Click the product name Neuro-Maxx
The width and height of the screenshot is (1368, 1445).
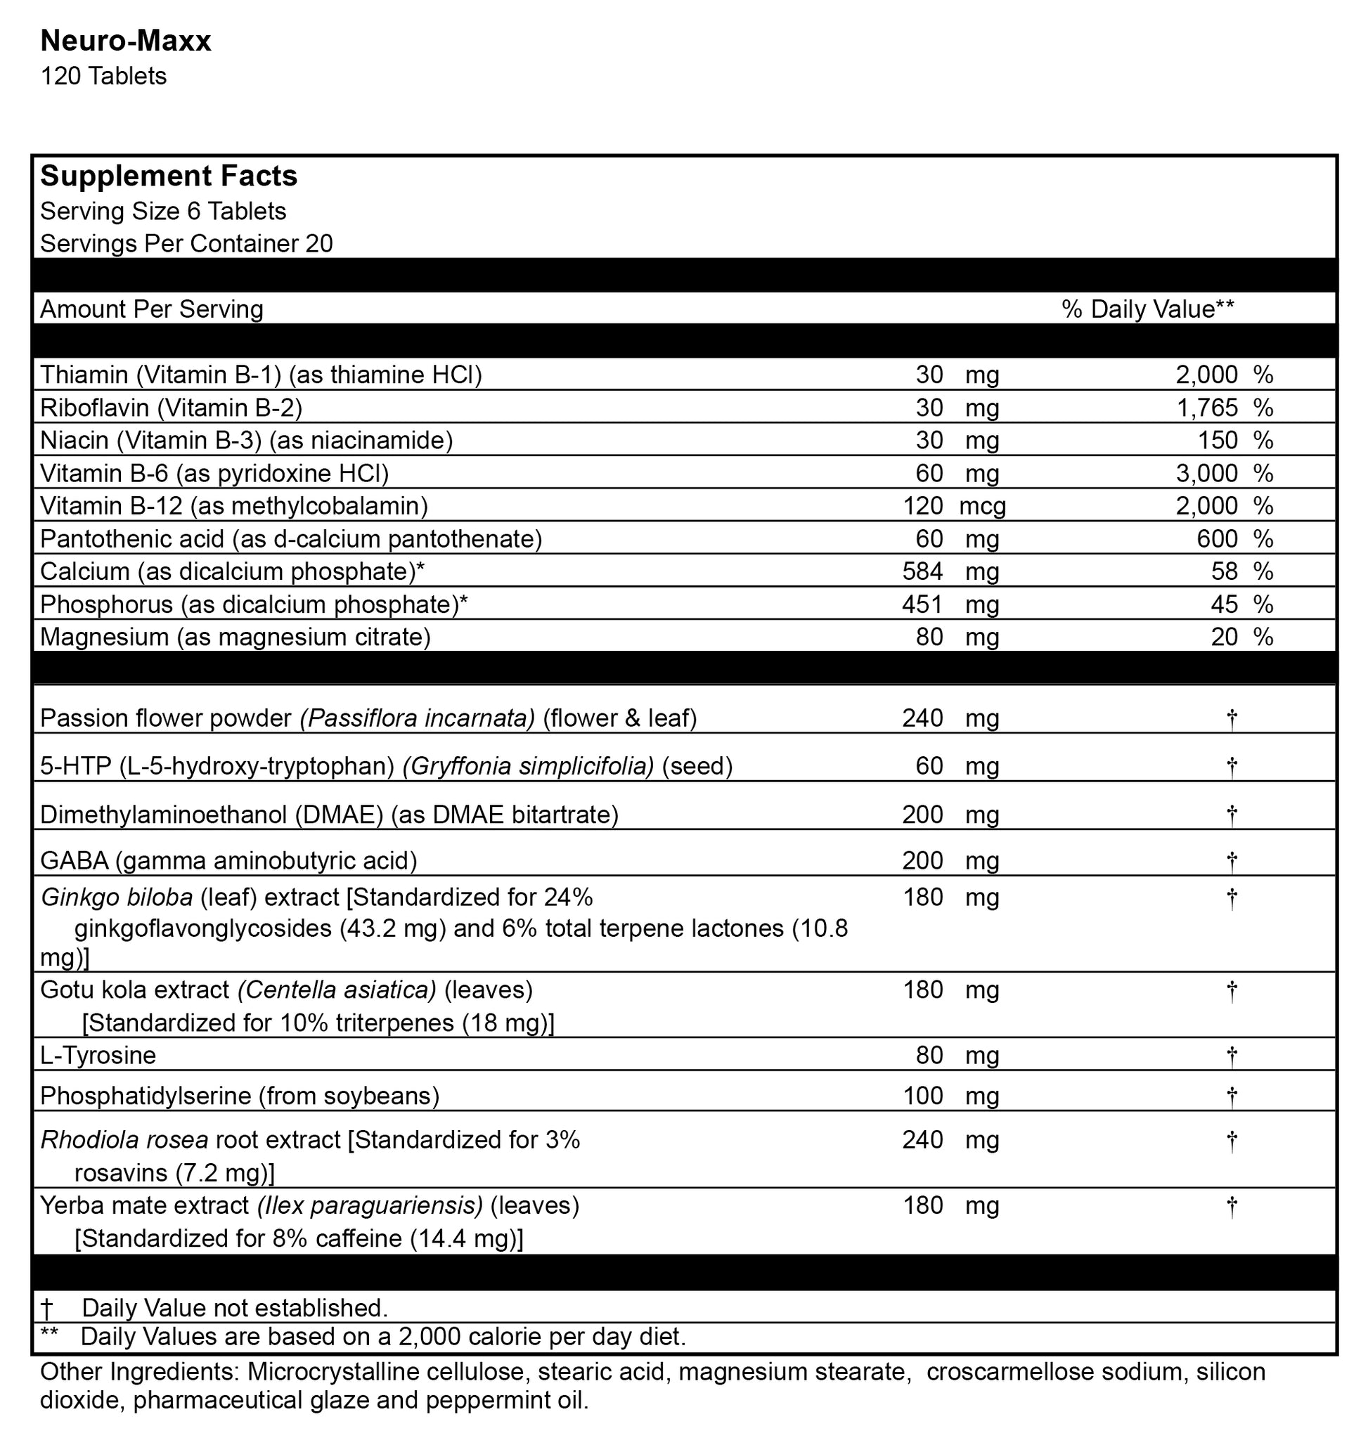(125, 41)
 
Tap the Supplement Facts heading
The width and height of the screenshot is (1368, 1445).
(169, 176)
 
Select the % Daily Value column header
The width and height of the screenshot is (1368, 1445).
(1148, 309)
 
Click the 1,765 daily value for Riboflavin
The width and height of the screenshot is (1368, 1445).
(1206, 408)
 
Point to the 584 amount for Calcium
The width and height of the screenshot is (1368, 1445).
(922, 571)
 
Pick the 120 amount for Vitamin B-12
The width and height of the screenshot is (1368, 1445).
(922, 505)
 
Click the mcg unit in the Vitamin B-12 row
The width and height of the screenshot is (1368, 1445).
(982, 506)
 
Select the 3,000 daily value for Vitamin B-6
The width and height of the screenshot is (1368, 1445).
(1206, 473)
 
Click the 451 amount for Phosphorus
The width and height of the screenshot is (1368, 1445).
(922, 604)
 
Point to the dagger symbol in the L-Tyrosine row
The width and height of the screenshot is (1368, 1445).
(1232, 1056)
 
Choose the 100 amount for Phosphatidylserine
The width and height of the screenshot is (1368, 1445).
(922, 1096)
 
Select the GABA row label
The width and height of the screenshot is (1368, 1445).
(228, 861)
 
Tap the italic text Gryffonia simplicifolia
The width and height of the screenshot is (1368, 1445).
(528, 766)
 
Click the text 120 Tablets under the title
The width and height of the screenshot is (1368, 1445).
(103, 77)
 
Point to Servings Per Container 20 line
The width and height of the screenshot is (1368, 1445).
(186, 243)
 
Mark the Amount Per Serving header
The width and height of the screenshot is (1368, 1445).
(152, 309)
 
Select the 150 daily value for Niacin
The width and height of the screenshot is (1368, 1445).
(1220, 441)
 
